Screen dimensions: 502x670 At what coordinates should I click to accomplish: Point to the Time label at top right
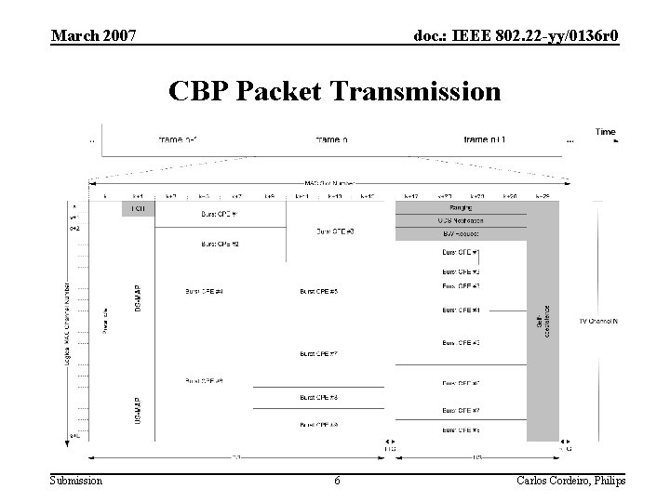pos(605,132)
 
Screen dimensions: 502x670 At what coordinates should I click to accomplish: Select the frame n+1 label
pos(485,139)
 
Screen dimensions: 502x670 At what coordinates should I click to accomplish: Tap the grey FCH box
pos(137,209)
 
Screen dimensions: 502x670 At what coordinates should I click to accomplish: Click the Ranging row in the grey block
pos(461,208)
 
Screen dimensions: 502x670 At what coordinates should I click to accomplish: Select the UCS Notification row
pos(461,220)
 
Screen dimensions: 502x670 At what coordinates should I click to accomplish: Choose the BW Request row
pos(461,233)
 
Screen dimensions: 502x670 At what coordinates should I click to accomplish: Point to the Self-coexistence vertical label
pos(542,319)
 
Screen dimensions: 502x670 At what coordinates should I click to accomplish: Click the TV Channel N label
pos(598,320)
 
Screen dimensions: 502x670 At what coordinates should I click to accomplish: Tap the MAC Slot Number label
pos(330,183)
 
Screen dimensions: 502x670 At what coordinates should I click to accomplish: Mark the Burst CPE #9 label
pos(204,381)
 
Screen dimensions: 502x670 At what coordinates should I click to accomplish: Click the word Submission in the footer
pos(76,481)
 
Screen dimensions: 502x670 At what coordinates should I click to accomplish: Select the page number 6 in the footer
pos(337,481)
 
